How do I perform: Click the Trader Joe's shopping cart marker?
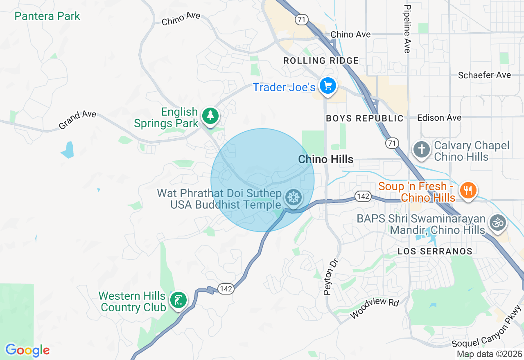point(328,86)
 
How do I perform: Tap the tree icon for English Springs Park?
point(210,115)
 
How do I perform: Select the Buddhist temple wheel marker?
point(294,198)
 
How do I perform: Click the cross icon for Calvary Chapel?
point(421,149)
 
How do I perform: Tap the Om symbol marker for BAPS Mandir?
point(498,223)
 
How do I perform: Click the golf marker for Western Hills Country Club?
point(178,301)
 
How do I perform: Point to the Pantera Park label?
point(47,16)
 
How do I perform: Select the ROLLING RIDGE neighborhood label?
point(321,61)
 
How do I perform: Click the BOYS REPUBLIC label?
point(365,119)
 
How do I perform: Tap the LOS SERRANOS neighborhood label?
point(435,251)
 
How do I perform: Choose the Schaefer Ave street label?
point(484,75)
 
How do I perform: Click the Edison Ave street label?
point(439,118)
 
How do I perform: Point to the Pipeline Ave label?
point(407,29)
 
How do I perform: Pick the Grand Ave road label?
point(77,120)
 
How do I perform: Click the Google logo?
point(27,350)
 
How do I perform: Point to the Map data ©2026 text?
point(489,354)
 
